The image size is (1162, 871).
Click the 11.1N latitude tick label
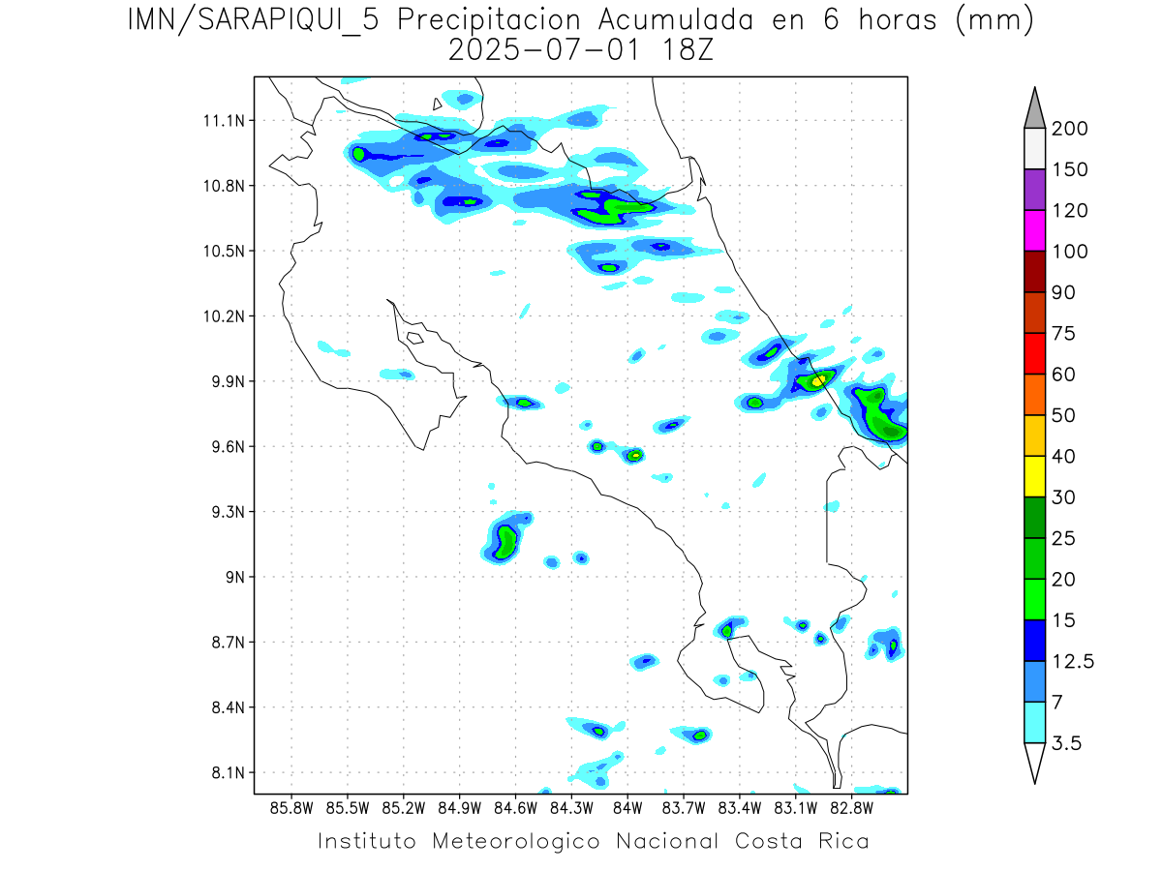click(x=223, y=121)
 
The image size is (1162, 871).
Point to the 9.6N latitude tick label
click(x=223, y=447)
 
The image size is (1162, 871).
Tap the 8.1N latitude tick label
click(x=225, y=773)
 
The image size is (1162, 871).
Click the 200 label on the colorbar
click(x=1069, y=129)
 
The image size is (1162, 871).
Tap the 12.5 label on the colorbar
click(x=1073, y=661)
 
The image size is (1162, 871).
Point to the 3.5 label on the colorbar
click(x=1068, y=743)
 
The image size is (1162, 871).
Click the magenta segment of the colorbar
click(x=1033, y=230)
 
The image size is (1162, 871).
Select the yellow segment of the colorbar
click(x=1033, y=476)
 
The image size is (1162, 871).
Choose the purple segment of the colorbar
click(x=1033, y=190)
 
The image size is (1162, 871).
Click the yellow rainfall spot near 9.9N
click(x=818, y=380)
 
